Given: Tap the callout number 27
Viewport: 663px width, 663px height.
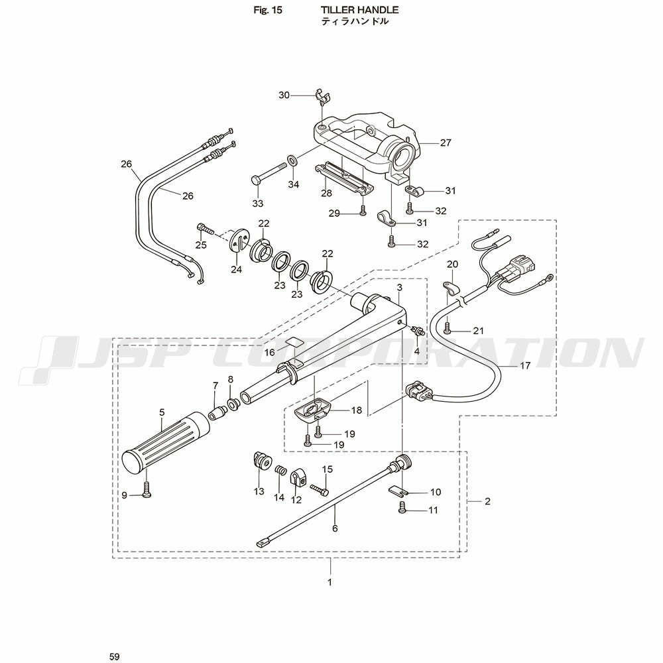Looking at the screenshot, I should point(446,142).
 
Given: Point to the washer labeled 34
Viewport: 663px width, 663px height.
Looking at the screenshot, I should point(292,160).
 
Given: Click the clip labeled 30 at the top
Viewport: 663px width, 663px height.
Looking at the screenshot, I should point(323,96).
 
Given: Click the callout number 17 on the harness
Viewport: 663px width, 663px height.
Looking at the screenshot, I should point(526,365).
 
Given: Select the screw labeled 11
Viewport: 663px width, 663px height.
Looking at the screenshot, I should point(402,508).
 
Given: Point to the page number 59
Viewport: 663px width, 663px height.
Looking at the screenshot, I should point(115,656).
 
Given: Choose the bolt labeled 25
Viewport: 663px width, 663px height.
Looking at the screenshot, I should point(204,229).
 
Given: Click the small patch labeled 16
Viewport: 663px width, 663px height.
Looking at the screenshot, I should point(292,343).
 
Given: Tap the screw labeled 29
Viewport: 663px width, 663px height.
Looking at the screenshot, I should point(363,210).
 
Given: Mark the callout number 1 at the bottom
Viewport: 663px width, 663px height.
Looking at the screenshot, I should point(330,583).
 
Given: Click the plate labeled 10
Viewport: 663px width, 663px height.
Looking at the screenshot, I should point(396,491).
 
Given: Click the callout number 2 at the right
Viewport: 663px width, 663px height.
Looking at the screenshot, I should point(487,502).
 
